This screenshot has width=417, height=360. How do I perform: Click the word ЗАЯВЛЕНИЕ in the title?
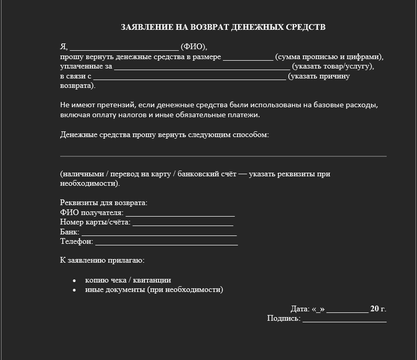[146, 27]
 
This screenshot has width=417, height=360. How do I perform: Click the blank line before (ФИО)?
[124, 47]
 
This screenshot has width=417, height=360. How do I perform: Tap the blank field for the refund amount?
[248, 58]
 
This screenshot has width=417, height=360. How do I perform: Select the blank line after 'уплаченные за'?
[202, 67]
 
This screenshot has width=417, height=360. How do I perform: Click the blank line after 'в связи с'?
[190, 77]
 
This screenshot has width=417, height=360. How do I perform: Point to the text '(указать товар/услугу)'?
[333, 66]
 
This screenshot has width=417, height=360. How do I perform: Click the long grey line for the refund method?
[223, 156]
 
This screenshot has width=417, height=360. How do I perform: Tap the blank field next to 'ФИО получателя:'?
[181, 213]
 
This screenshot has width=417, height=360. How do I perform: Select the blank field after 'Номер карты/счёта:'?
[183, 223]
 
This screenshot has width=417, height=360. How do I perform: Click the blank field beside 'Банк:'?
[160, 232]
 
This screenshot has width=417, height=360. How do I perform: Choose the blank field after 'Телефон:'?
[167, 242]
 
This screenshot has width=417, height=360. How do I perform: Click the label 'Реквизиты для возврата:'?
[104, 203]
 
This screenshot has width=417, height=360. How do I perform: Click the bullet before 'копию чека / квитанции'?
[74, 280]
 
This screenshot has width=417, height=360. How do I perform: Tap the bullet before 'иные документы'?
[74, 290]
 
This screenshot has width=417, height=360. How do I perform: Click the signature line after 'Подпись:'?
[344, 319]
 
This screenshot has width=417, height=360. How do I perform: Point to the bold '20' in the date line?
[375, 309]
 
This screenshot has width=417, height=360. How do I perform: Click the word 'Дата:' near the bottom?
[300, 309]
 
